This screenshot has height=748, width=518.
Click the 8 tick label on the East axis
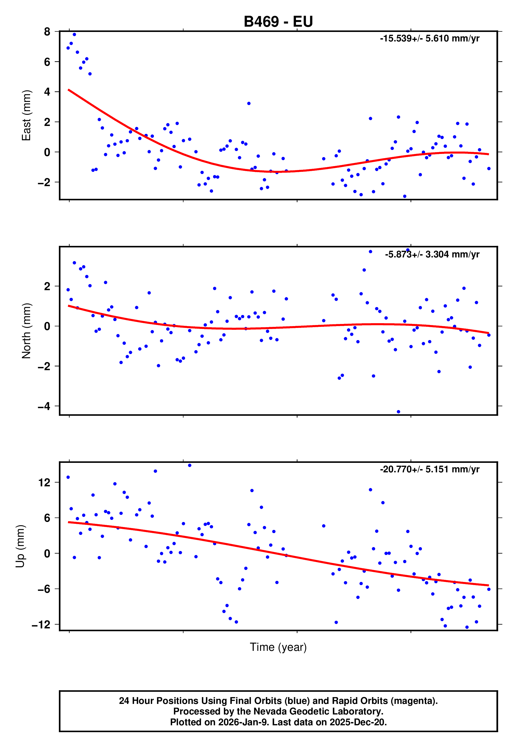(47, 31)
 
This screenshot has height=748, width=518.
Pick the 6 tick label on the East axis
(47, 62)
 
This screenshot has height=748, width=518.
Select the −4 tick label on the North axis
(44, 406)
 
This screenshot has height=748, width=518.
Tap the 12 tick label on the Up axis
(44, 483)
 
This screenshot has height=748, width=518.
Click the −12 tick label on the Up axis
(41, 624)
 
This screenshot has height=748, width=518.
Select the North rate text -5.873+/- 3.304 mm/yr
(432, 255)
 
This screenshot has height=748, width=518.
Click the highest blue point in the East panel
(74, 34)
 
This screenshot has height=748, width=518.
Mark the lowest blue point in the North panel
(398, 412)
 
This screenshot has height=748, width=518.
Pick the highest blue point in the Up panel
(190, 465)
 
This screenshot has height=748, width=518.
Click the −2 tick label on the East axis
(44, 182)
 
